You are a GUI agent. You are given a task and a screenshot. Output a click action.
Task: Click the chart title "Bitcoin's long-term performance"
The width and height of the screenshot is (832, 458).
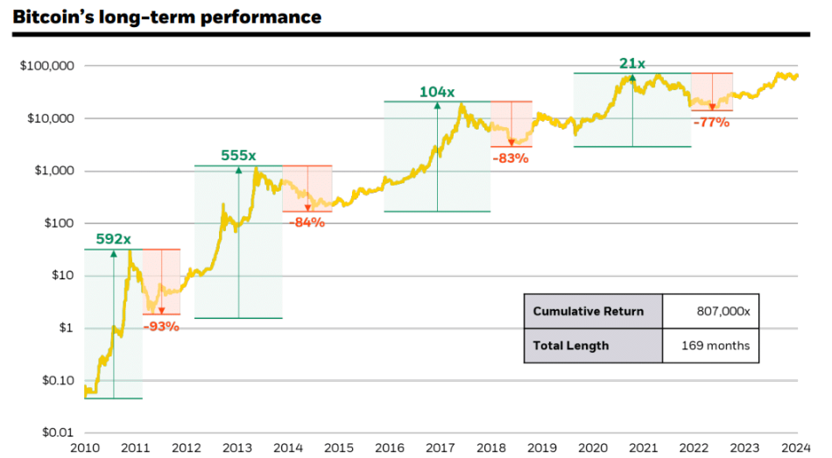[x=166, y=17]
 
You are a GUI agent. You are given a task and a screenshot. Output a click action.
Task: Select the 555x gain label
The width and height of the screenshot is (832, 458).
[x=238, y=155]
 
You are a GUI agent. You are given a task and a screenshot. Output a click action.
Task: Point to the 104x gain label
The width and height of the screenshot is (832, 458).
[x=436, y=91]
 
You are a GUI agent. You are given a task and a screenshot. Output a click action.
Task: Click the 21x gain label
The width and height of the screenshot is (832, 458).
[x=632, y=63]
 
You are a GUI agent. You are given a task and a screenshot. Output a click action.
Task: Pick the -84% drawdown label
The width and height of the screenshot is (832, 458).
[x=307, y=222]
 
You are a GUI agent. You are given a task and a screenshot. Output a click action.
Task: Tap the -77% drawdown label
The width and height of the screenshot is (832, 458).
[x=711, y=123]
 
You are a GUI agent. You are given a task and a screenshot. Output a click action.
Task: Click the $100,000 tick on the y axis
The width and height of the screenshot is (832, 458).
[x=47, y=66]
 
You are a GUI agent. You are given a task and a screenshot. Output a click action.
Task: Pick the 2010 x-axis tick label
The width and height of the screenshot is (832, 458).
[x=85, y=448]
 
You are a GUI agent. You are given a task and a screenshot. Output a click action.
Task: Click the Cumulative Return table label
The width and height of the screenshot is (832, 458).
[x=588, y=312]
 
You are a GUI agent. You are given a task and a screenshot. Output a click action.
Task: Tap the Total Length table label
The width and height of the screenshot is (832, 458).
[x=571, y=345]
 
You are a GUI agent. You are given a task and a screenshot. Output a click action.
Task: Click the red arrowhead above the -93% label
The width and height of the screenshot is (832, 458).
[x=161, y=310]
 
